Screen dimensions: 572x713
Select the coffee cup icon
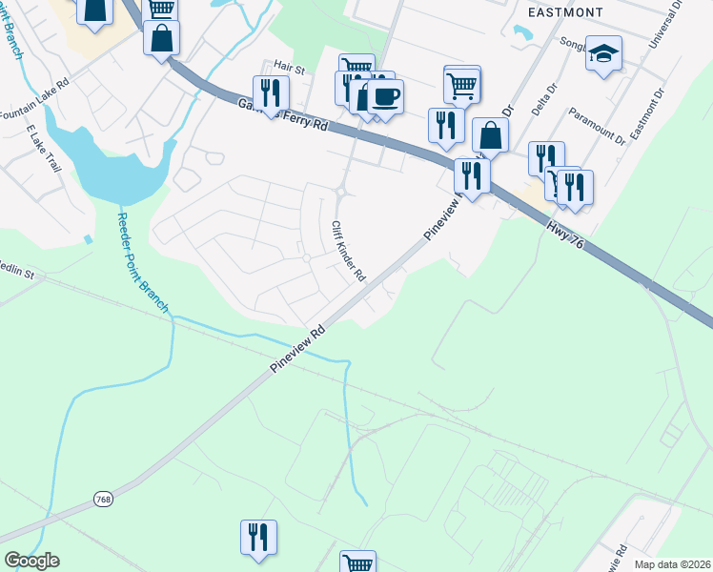pyautogui.click(x=386, y=96)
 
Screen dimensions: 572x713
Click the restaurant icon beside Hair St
pyautogui.click(x=271, y=92)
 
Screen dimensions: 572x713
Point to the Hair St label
pyautogui.click(x=287, y=69)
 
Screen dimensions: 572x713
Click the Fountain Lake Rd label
pyautogui.click(x=36, y=99)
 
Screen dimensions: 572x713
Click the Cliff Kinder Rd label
pyautogui.click(x=348, y=251)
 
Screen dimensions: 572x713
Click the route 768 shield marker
pyautogui.click(x=104, y=499)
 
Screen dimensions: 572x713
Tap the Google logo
pyautogui.click(x=31, y=561)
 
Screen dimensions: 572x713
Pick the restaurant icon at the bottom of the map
pyautogui.click(x=258, y=537)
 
